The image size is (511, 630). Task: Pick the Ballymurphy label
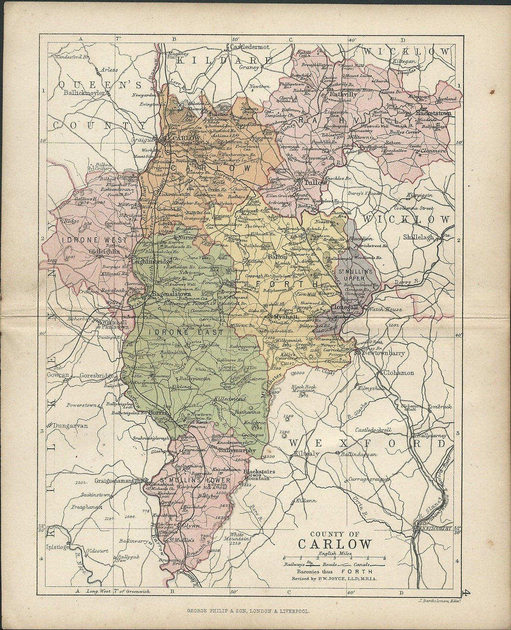pyautogui.click(x=238, y=450)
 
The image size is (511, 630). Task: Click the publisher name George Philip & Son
pyautogui.click(x=255, y=613)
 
